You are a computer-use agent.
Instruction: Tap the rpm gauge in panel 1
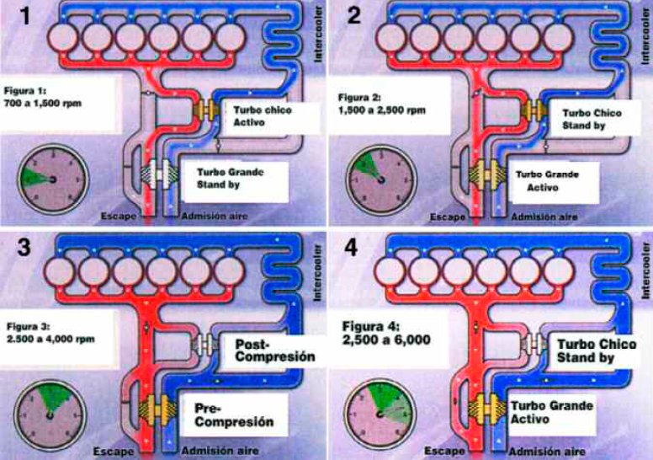[51, 178]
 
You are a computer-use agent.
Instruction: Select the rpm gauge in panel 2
[377, 178]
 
